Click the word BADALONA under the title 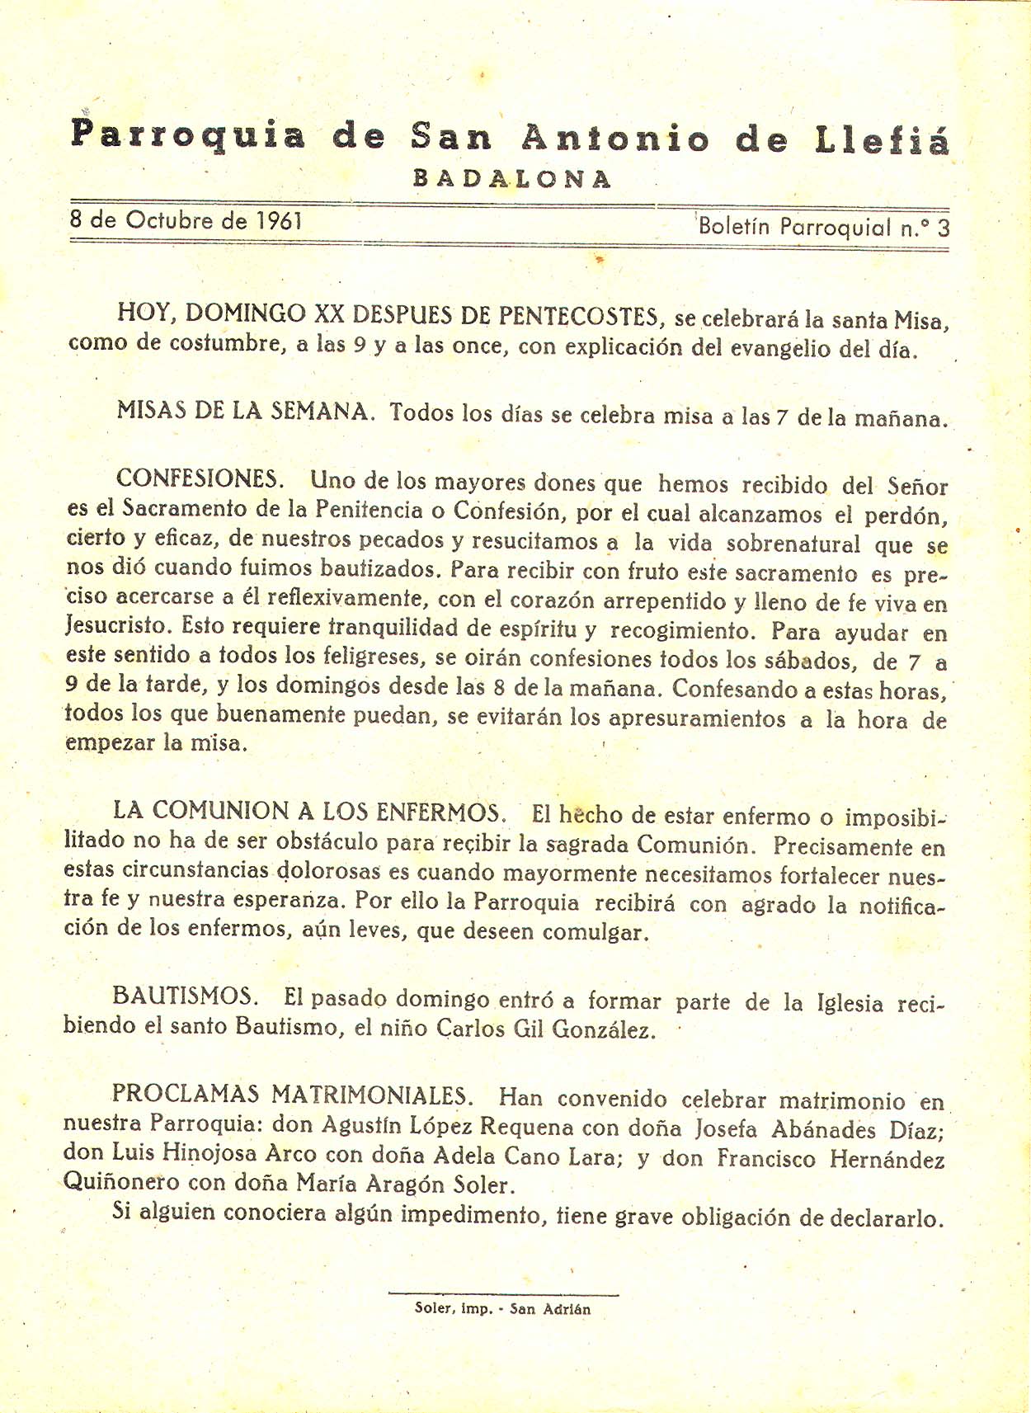(512, 179)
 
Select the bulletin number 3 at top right (943, 228)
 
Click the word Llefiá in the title (882, 139)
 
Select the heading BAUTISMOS (185, 996)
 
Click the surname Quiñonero (122, 1182)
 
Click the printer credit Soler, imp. (454, 1309)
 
